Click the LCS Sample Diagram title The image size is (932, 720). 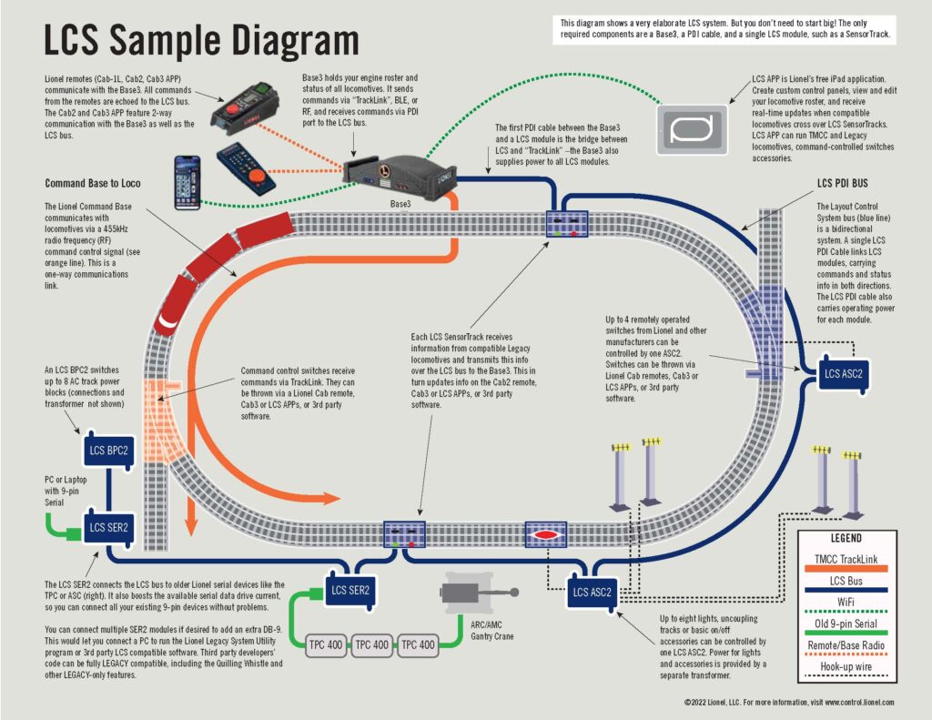coord(201,41)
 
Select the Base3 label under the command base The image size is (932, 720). coord(401,205)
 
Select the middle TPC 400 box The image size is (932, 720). coord(372,644)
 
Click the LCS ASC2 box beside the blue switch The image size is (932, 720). coord(844,373)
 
